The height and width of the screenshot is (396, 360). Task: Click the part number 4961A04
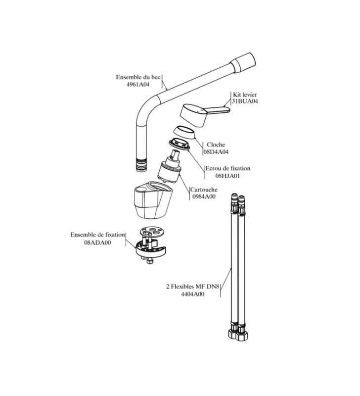(x=138, y=85)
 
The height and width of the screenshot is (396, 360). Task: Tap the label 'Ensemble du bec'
(x=138, y=77)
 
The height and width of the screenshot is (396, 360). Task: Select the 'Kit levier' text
(x=245, y=95)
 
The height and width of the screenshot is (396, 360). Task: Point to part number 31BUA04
(x=245, y=101)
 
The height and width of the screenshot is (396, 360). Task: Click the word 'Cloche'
(x=216, y=145)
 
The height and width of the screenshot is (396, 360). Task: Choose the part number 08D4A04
(x=216, y=152)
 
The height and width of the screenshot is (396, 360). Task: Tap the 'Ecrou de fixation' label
(x=228, y=168)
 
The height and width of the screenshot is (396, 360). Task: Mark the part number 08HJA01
(x=227, y=176)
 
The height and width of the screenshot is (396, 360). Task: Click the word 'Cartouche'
(x=204, y=190)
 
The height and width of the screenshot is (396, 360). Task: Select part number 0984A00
(x=204, y=197)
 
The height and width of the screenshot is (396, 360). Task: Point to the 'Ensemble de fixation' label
(x=97, y=235)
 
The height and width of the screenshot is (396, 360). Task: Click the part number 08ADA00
(x=97, y=243)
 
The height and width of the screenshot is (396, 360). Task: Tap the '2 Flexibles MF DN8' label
(x=192, y=287)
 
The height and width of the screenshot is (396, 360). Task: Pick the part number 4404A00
(x=192, y=294)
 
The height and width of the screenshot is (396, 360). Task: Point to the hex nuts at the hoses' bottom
(x=238, y=335)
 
